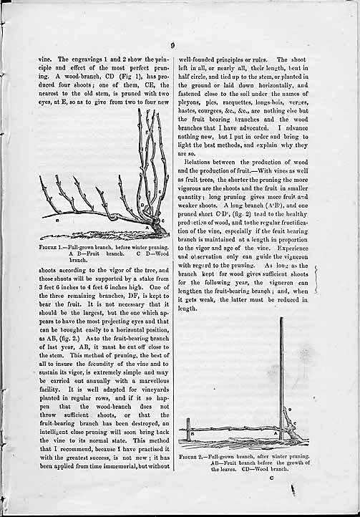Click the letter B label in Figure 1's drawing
pyautogui.click(x=57, y=221)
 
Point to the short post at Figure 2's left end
pyautogui.click(x=188, y=430)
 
